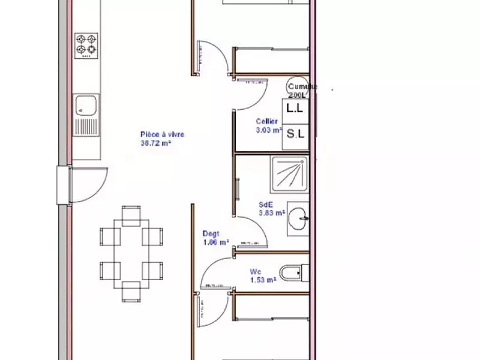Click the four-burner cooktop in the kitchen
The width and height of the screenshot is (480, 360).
point(86,44)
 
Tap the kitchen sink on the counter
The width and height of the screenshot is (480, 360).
point(85,106)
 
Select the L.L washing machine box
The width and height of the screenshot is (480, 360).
point(295,109)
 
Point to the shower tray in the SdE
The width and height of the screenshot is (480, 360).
point(289,175)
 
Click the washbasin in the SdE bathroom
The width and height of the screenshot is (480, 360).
point(298,216)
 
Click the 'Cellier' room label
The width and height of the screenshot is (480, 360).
point(266,121)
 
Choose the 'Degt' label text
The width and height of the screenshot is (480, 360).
point(211,234)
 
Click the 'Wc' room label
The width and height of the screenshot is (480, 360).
point(255,271)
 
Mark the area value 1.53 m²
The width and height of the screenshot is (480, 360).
point(262,280)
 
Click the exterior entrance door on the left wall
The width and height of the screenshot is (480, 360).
point(65,185)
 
